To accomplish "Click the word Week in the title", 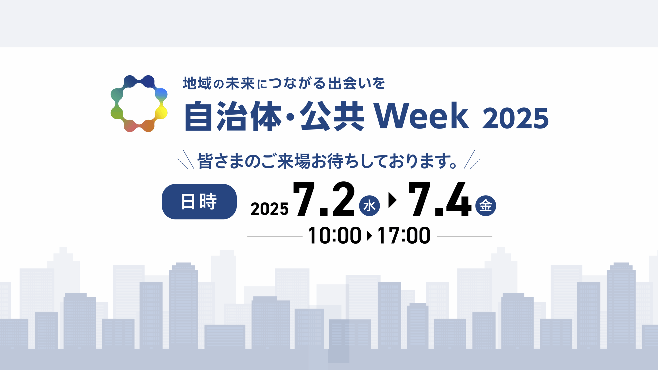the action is click(421, 116).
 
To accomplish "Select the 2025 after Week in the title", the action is click(515, 118).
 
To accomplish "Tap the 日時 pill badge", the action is click(199, 201).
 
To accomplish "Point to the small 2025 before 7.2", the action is click(270, 209).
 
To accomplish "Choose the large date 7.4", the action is click(440, 199).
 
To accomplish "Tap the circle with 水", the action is click(369, 206).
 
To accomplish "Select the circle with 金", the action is click(486, 206).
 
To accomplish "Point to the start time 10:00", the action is click(335, 235).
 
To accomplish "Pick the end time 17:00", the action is click(404, 235).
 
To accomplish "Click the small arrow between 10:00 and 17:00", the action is click(369, 236).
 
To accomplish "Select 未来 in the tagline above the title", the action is click(240, 84).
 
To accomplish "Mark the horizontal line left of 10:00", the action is click(275, 236).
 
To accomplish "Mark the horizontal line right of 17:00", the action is click(464, 236).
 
